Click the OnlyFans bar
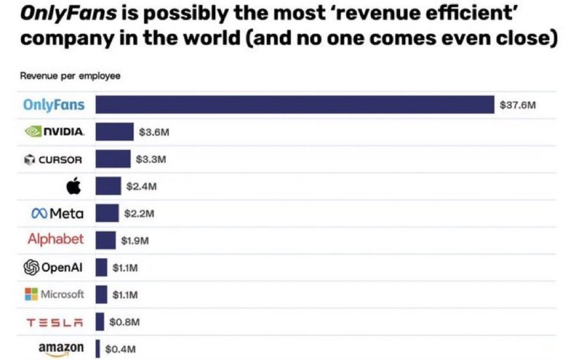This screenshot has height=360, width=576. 295,105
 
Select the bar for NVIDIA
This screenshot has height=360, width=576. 114,132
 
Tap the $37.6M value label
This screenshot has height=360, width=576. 518,105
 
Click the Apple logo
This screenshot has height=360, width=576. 74,186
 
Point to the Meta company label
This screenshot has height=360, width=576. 57,213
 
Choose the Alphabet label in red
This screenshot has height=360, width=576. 55,240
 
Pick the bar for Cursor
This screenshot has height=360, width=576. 113,159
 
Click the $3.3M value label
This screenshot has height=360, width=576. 151,160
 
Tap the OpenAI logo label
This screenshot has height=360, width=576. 54,267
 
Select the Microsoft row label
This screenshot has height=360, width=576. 54,294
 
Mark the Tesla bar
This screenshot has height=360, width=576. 100,321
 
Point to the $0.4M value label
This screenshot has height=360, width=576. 120,349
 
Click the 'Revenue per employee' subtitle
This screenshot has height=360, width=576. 70,76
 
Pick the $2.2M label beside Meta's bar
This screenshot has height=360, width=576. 139,213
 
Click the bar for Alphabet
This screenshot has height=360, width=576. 105,240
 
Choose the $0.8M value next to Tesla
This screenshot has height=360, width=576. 125,322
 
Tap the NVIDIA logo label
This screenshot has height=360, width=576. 54,132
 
